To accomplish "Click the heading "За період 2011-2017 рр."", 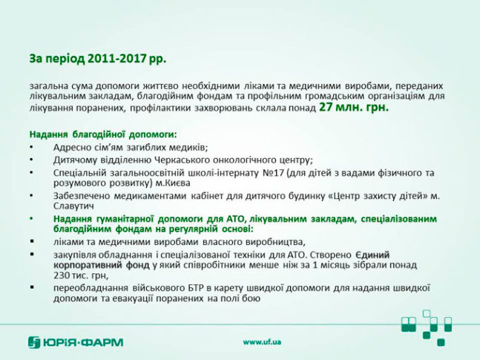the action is coord(98,59).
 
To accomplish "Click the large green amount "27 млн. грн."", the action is coord(354,107).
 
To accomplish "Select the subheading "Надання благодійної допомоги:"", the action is coord(103,134).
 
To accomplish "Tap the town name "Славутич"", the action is coord(73,206).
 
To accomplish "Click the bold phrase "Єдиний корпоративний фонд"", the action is coord(221,260).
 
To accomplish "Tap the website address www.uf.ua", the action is coord(262,342).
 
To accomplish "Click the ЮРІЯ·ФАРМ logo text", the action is coord(82,342).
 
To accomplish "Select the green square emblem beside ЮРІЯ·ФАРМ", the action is coord(34,342).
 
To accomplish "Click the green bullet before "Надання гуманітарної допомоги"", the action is coord(32,218).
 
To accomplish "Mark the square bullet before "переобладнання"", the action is coord(32,288).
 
